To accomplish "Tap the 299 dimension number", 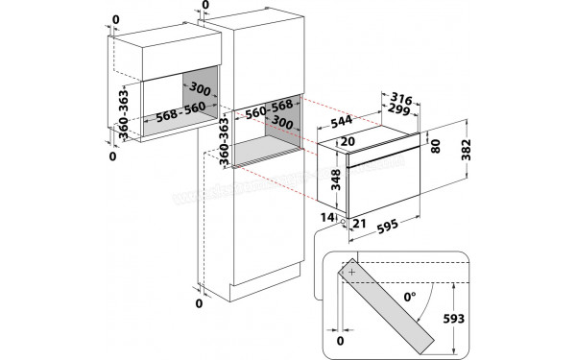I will (x=398, y=109).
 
